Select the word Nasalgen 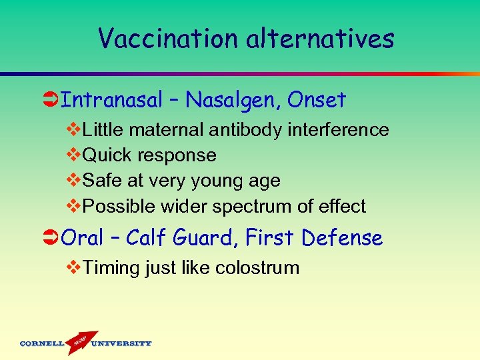coord(233,100)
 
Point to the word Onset coord(317,100)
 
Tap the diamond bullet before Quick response coord(74,155)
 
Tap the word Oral coord(83,237)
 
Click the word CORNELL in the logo coord(42,344)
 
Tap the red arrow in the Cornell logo coord(81,341)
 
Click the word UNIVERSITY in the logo coord(121,344)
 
